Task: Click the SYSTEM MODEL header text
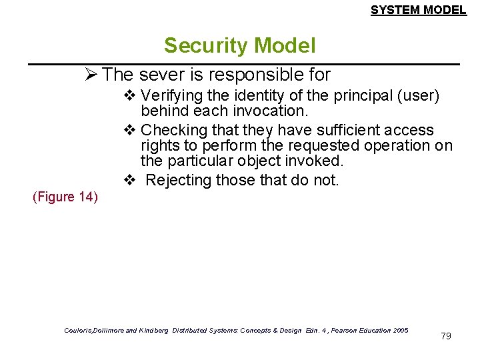[x=418, y=10]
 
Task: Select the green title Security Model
[x=239, y=45]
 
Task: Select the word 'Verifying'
[x=171, y=97]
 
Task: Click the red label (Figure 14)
[x=65, y=197]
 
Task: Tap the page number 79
[x=446, y=336]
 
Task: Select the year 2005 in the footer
[x=401, y=331]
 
